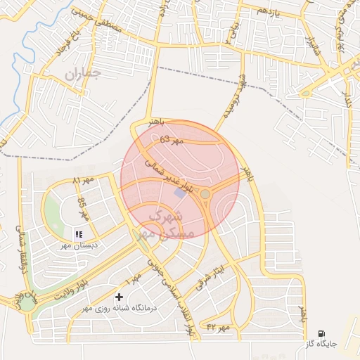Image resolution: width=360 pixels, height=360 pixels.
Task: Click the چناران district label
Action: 83,72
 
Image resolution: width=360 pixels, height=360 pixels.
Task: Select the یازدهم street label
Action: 267,12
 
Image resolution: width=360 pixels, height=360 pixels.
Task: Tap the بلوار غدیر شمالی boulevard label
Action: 162,175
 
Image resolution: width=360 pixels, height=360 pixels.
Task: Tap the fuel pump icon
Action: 321,333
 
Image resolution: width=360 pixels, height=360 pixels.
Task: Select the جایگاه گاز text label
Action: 321,344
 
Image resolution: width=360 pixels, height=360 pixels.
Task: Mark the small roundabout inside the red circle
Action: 205,193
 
